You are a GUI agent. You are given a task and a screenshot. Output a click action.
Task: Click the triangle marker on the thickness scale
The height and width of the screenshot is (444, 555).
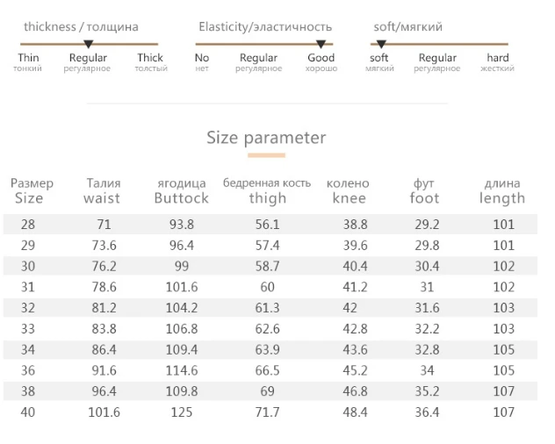pyautogui.click(x=88, y=44)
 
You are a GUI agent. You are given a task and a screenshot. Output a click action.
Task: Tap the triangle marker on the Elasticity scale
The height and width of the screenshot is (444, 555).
pyautogui.click(x=321, y=44)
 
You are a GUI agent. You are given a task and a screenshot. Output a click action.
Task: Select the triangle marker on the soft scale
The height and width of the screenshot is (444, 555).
pyautogui.click(x=381, y=44)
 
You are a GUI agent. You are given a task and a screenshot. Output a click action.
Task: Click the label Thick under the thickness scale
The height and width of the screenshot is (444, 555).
pyautogui.click(x=150, y=58)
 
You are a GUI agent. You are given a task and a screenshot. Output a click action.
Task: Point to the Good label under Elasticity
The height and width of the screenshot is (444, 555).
pyautogui.click(x=321, y=58)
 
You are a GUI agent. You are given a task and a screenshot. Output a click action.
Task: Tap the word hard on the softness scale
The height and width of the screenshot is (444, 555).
pyautogui.click(x=498, y=58)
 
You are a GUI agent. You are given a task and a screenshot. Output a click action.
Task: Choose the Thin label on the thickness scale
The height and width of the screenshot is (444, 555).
pyautogui.click(x=28, y=58)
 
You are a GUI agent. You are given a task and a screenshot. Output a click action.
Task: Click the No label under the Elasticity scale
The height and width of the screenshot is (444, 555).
pyautogui.click(x=202, y=58)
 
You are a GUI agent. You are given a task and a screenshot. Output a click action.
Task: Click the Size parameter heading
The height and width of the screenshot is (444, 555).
pyautogui.click(x=266, y=138)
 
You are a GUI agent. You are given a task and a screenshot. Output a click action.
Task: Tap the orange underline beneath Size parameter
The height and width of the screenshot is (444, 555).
pyautogui.click(x=267, y=155)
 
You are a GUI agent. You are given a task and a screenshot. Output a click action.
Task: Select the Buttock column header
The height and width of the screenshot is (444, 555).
pyautogui.click(x=182, y=198)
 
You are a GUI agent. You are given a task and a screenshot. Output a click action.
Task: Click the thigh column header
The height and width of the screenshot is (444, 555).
pyautogui.click(x=268, y=198)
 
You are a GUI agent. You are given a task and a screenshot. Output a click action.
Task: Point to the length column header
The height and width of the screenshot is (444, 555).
pyautogui.click(x=502, y=198)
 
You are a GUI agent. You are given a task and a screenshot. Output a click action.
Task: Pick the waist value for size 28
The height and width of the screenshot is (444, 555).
pyautogui.click(x=104, y=225)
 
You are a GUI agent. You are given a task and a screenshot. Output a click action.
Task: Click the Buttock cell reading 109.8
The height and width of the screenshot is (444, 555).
pyautogui.click(x=182, y=391)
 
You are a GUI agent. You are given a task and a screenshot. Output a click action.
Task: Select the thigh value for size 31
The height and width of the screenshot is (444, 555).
pyautogui.click(x=267, y=287)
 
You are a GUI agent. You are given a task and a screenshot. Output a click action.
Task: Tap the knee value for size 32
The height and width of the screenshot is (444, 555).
pyautogui.click(x=350, y=308)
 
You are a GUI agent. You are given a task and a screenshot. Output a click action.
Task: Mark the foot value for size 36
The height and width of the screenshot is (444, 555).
pyautogui.click(x=427, y=370)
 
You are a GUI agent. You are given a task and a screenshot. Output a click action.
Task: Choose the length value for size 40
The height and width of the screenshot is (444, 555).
pyautogui.click(x=504, y=412)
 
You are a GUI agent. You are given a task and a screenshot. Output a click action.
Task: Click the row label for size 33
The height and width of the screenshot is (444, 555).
pyautogui.click(x=28, y=329)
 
